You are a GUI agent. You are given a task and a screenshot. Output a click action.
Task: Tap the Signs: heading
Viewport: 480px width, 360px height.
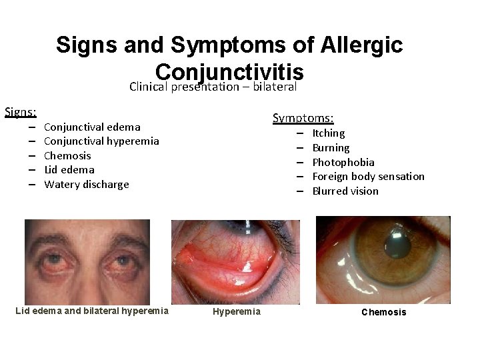(x=21, y=111)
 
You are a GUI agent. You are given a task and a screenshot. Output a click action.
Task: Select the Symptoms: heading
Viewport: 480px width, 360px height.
(x=303, y=118)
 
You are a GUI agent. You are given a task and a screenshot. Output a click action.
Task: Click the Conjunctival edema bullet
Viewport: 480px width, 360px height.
(x=92, y=127)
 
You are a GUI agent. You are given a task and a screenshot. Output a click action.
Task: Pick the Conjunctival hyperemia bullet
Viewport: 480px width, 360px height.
(x=101, y=141)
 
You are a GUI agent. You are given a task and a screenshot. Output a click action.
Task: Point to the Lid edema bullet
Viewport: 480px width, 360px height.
(x=69, y=169)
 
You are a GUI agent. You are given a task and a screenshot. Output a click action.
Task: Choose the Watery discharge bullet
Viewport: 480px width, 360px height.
(x=86, y=184)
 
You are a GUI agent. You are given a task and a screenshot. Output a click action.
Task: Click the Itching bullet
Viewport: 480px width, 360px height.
(x=328, y=133)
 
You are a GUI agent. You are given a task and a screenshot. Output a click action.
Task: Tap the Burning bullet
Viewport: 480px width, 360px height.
(x=331, y=148)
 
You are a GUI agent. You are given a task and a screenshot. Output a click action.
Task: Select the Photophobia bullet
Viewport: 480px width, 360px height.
(x=343, y=162)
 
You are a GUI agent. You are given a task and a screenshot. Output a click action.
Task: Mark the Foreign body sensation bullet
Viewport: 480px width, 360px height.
(x=368, y=176)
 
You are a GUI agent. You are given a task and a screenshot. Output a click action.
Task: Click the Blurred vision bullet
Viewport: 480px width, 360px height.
(x=345, y=191)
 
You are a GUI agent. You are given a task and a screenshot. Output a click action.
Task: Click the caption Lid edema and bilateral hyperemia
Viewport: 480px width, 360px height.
(x=91, y=311)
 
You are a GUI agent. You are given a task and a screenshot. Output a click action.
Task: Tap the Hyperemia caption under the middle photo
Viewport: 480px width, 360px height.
(x=237, y=311)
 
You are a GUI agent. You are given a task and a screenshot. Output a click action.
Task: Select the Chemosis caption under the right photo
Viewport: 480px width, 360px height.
(x=383, y=312)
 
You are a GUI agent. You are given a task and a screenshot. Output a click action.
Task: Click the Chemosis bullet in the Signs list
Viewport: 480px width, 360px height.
(x=67, y=155)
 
